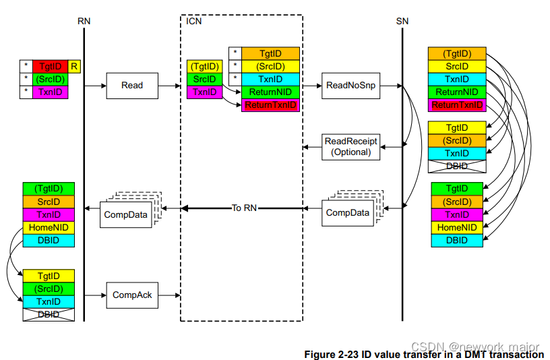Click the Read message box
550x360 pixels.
(x=131, y=86)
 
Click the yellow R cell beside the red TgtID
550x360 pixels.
(x=74, y=66)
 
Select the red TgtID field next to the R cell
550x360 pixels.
(x=51, y=66)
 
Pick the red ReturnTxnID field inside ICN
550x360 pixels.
(x=270, y=105)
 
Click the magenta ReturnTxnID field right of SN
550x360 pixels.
(x=457, y=105)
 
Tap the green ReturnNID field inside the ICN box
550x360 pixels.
(x=270, y=92)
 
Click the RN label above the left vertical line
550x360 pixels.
(x=84, y=21)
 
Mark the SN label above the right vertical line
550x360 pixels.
(x=402, y=21)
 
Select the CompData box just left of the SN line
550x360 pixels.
(x=347, y=212)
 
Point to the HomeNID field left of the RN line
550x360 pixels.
(x=49, y=228)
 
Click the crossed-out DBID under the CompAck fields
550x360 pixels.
(x=49, y=314)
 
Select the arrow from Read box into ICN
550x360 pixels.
(x=170, y=86)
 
